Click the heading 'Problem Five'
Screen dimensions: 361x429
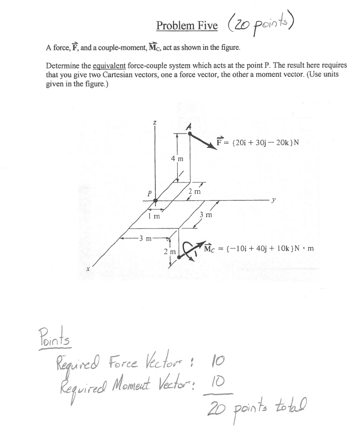(187, 25)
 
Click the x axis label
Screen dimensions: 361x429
(88, 268)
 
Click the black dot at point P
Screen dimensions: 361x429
(156, 200)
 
